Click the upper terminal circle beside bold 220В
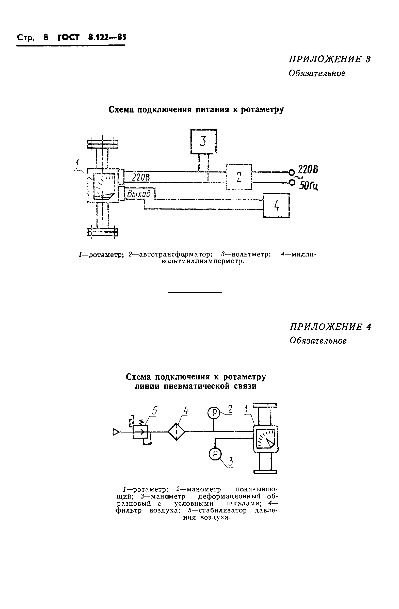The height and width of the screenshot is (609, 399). (291, 172)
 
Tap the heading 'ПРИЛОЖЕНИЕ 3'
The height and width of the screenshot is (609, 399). (330, 59)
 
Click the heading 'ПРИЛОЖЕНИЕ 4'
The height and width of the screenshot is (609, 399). (330, 327)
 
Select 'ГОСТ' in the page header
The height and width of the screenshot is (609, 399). (68, 37)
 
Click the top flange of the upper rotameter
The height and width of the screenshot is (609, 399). (102, 144)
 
